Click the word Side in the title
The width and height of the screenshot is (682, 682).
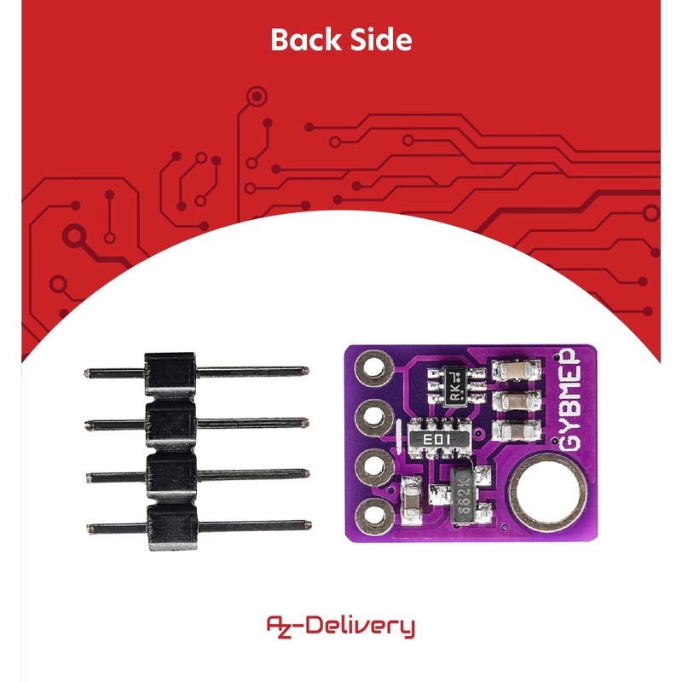(x=381, y=40)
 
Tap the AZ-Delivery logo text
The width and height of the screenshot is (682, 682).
(x=341, y=627)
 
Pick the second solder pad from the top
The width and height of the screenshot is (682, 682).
(x=373, y=418)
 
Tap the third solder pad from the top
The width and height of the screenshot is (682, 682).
(x=373, y=466)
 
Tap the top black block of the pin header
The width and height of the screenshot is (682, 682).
(x=170, y=373)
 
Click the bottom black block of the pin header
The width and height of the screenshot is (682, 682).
(x=171, y=527)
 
